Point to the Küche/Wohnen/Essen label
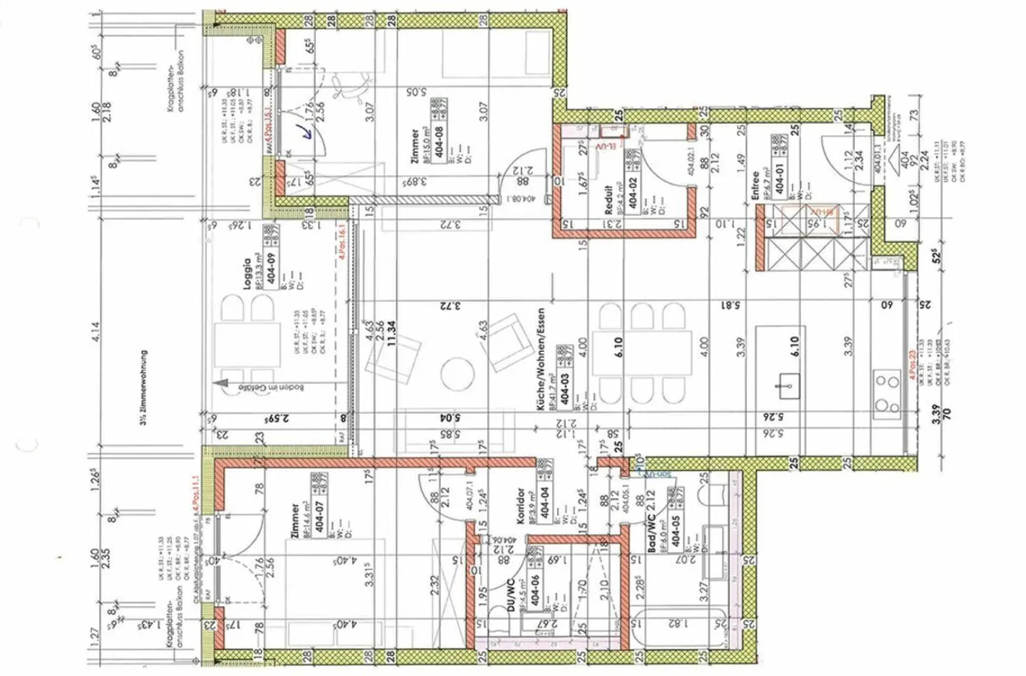[x=541, y=359]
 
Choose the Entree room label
[x=755, y=184]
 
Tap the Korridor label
[x=521, y=506]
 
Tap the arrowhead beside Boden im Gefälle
[x=222, y=383]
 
